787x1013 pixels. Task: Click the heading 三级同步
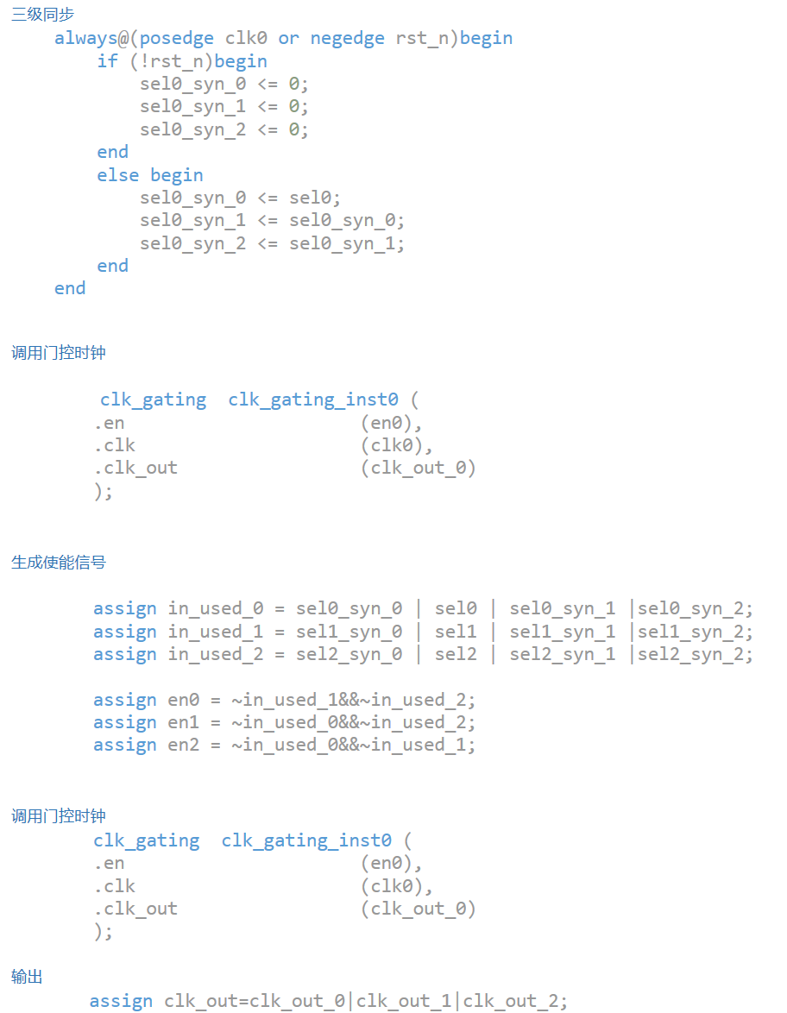click(42, 15)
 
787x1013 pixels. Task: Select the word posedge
click(177, 39)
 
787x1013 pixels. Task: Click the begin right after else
click(177, 175)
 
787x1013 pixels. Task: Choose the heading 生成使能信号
click(59, 563)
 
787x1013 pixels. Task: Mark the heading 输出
click(27, 977)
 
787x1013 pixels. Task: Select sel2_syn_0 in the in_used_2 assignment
click(349, 654)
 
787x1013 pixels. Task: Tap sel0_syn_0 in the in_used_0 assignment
click(349, 609)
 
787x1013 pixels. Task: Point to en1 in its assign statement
click(184, 722)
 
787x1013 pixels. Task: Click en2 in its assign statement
click(184, 745)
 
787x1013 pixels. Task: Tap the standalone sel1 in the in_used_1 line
click(456, 632)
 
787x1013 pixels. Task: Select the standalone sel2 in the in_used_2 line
click(456, 654)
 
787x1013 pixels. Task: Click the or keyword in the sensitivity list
click(289, 39)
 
